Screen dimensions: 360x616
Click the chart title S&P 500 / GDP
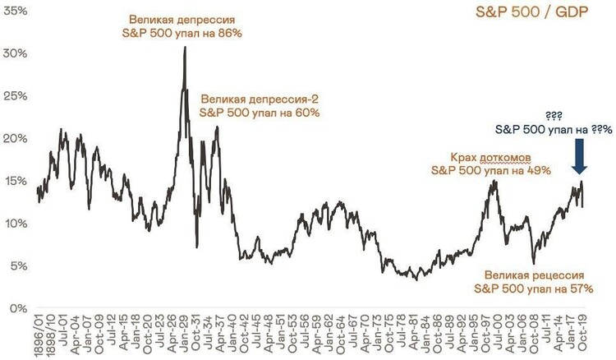pyautogui.click(x=549, y=15)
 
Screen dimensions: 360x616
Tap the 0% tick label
pyautogui.click(x=18, y=308)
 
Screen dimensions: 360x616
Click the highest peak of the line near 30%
pyautogui.click(x=185, y=48)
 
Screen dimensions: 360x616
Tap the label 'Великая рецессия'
pyautogui.click(x=534, y=275)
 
